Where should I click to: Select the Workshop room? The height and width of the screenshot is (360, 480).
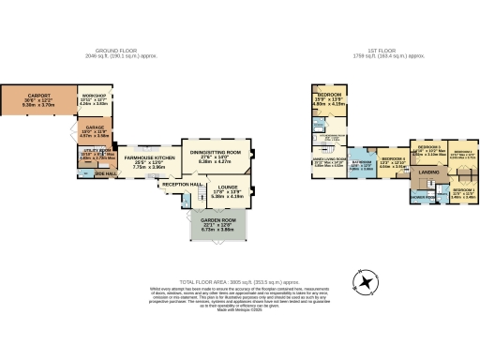coord(94,100)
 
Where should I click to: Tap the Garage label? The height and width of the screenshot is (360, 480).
coord(94,131)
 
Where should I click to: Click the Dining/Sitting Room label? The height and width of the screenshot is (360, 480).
coord(217,154)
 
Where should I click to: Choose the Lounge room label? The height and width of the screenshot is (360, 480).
coord(228,193)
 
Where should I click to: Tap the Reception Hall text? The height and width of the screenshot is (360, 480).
coord(183,185)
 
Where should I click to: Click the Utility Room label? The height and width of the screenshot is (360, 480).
coord(97,154)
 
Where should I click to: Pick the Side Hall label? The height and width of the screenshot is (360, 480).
coord(104,173)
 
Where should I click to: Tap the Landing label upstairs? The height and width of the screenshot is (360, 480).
coord(429,173)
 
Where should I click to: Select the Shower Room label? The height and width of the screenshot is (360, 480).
coord(424,198)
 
